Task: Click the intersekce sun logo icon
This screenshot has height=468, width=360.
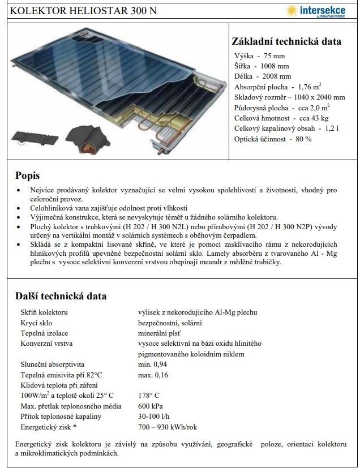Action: pos(292,10)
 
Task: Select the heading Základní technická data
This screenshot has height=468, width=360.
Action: pos(286,41)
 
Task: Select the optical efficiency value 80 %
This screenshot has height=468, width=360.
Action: pos(300,139)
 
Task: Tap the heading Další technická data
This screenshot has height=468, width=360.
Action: pos(61,296)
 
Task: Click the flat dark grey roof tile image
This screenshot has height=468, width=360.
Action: pos(35,136)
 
